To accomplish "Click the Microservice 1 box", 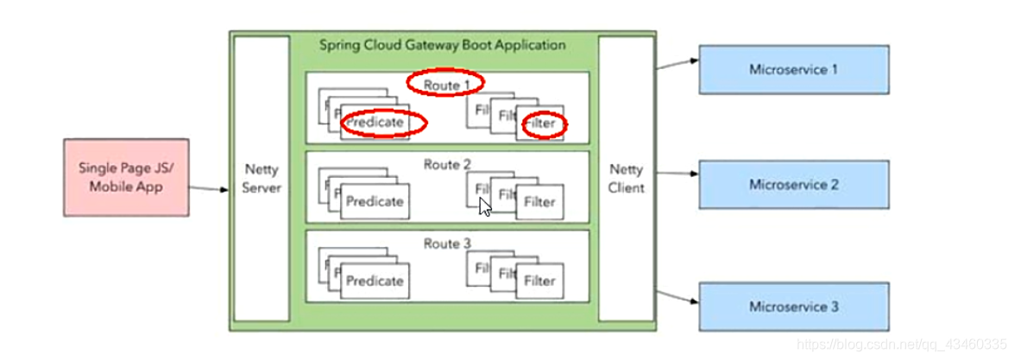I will point(793,69).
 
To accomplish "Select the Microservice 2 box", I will point(793,185).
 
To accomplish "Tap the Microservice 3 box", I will point(793,306).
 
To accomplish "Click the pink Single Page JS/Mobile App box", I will point(126,176).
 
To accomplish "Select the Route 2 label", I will point(447,164).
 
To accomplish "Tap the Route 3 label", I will point(447,243).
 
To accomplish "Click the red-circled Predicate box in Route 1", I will point(375,123).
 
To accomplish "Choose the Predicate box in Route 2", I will point(375,202).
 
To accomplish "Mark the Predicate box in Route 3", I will point(375,281).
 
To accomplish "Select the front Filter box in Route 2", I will point(540,203).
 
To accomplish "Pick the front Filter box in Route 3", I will point(540,281).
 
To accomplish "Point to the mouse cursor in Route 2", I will point(485,207).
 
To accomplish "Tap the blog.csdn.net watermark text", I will point(898,344).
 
